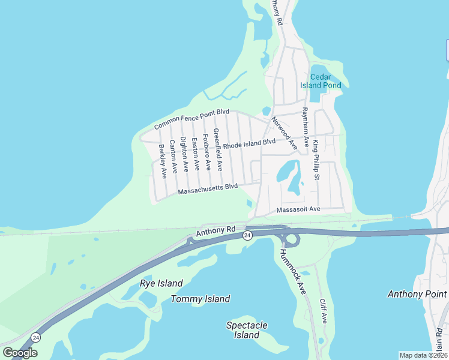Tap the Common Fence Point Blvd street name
pyautogui.click(x=192, y=119)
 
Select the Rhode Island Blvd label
pyautogui.click(x=249, y=144)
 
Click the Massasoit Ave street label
pyautogui.click(x=298, y=209)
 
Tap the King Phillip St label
pyautogui.click(x=316, y=157)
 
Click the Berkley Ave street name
pyautogui.click(x=162, y=161)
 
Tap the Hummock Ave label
pyautogui.click(x=293, y=271)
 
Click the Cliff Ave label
pyautogui.click(x=323, y=311)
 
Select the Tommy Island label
pyautogui.click(x=200, y=299)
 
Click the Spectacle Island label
pyautogui.click(x=247, y=330)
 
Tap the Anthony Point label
pyautogui.click(x=417, y=294)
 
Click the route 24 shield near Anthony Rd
pyautogui.click(x=247, y=236)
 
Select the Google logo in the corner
pyautogui.click(x=20, y=352)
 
